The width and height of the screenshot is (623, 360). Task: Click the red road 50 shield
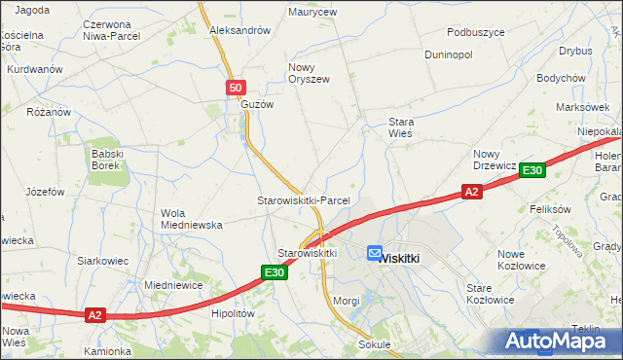pyautogui.click(x=236, y=89)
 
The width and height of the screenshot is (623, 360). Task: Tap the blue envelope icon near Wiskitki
pyautogui.click(x=375, y=253)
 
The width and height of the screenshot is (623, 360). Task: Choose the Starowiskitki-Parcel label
pyautogui.click(x=303, y=200)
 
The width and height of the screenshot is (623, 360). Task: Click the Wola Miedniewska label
pyautogui.click(x=191, y=219)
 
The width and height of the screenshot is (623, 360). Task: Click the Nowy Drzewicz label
pyautogui.click(x=495, y=160)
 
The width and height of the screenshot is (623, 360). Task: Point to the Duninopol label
pyautogui.click(x=449, y=54)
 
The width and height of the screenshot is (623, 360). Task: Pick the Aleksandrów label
pyautogui.click(x=239, y=30)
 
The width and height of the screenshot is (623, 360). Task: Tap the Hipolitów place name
pyautogui.click(x=232, y=314)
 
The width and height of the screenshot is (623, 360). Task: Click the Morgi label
pyautogui.click(x=347, y=301)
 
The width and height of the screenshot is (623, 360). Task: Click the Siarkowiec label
pyautogui.click(x=103, y=261)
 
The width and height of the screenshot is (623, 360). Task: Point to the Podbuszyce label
pyautogui.click(x=470, y=32)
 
